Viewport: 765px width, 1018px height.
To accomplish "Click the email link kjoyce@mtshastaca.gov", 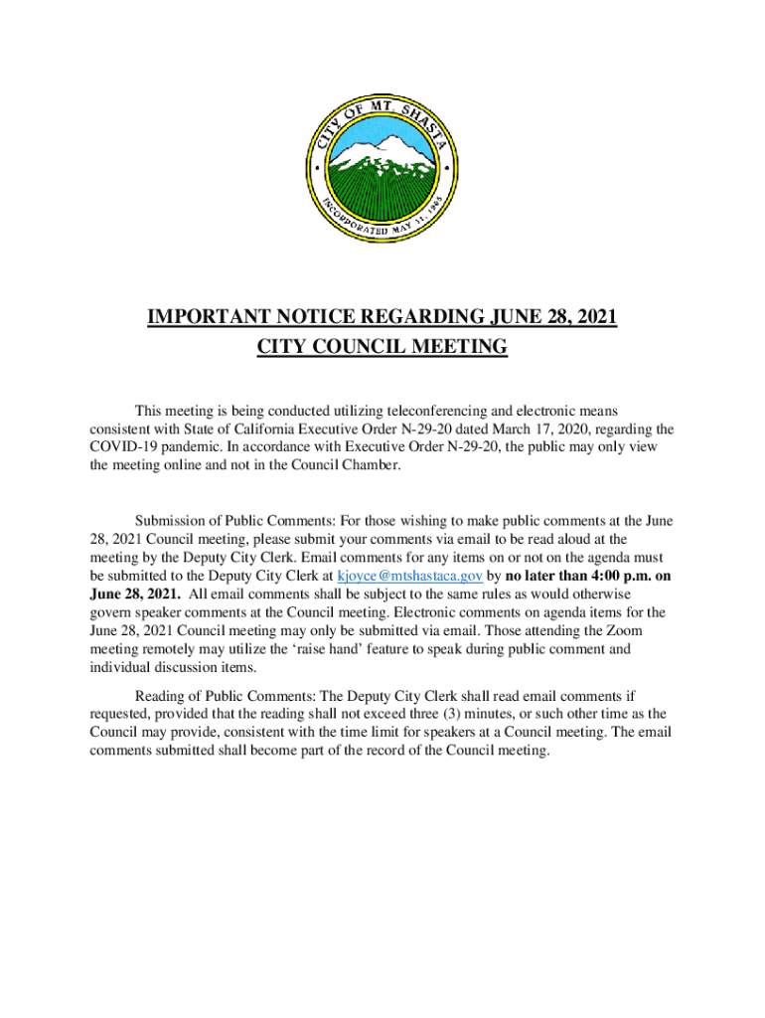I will point(410,576).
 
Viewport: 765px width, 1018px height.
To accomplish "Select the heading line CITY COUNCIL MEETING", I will point(382,347).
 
